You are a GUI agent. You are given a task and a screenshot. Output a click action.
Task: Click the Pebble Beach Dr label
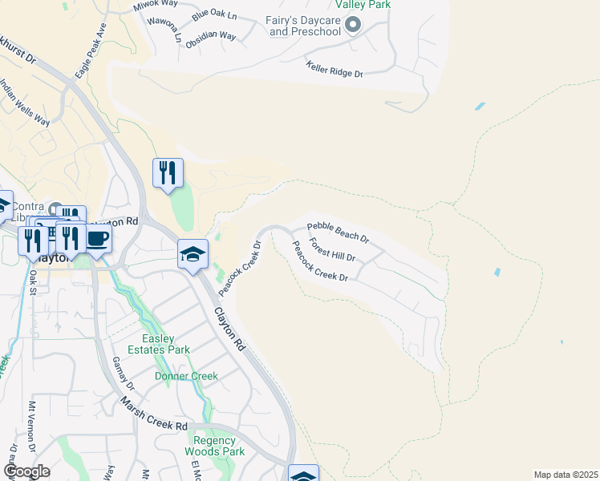[x=338, y=232]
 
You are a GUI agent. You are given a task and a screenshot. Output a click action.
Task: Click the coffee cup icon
[x=97, y=239]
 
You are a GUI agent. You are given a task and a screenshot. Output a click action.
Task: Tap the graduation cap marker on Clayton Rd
[x=193, y=255]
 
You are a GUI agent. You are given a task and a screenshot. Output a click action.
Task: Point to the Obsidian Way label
[x=210, y=36]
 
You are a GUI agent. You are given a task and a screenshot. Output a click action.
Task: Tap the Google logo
[x=26, y=471]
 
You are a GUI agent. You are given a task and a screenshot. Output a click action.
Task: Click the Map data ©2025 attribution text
[x=565, y=475]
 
